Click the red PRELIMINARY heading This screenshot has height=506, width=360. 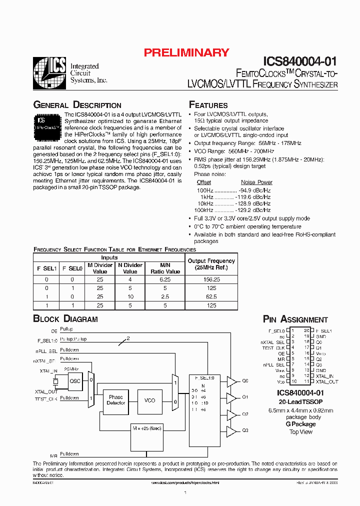(186, 52)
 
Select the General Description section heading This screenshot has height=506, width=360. (77, 105)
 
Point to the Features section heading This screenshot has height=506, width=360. (208, 105)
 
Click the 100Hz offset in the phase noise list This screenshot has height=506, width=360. (204, 190)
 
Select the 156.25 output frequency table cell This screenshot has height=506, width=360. (211, 280)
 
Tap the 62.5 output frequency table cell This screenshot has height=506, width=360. (211, 296)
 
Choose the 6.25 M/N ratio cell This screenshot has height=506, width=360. (165, 280)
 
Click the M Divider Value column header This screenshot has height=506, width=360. (100, 268)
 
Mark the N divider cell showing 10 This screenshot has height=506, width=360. (130, 296)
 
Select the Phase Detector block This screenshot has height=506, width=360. (116, 400)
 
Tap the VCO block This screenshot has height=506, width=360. (149, 400)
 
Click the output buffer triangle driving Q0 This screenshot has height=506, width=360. (231, 381)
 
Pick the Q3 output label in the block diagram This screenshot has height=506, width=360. (245, 430)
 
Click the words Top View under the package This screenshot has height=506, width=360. (300, 432)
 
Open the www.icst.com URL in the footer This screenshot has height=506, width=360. (185, 483)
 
